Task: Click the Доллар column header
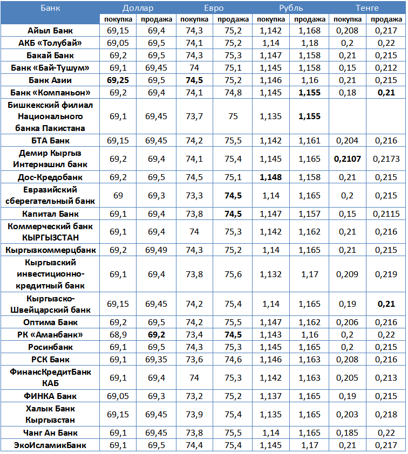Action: coord(138,8)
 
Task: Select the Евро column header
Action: coord(214,8)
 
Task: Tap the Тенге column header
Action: coord(367,8)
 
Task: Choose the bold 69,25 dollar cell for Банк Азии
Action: coord(118,80)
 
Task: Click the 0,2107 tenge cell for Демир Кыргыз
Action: coord(348,159)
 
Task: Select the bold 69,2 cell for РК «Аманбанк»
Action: coord(156,335)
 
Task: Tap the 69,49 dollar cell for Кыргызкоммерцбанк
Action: coord(156,250)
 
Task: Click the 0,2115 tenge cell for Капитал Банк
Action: coord(386,214)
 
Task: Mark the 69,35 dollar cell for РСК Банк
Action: coord(156,359)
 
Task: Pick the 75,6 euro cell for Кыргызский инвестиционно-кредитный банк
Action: coord(233,274)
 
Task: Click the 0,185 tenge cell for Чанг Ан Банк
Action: coord(348,432)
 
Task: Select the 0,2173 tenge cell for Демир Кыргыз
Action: coord(386,159)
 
